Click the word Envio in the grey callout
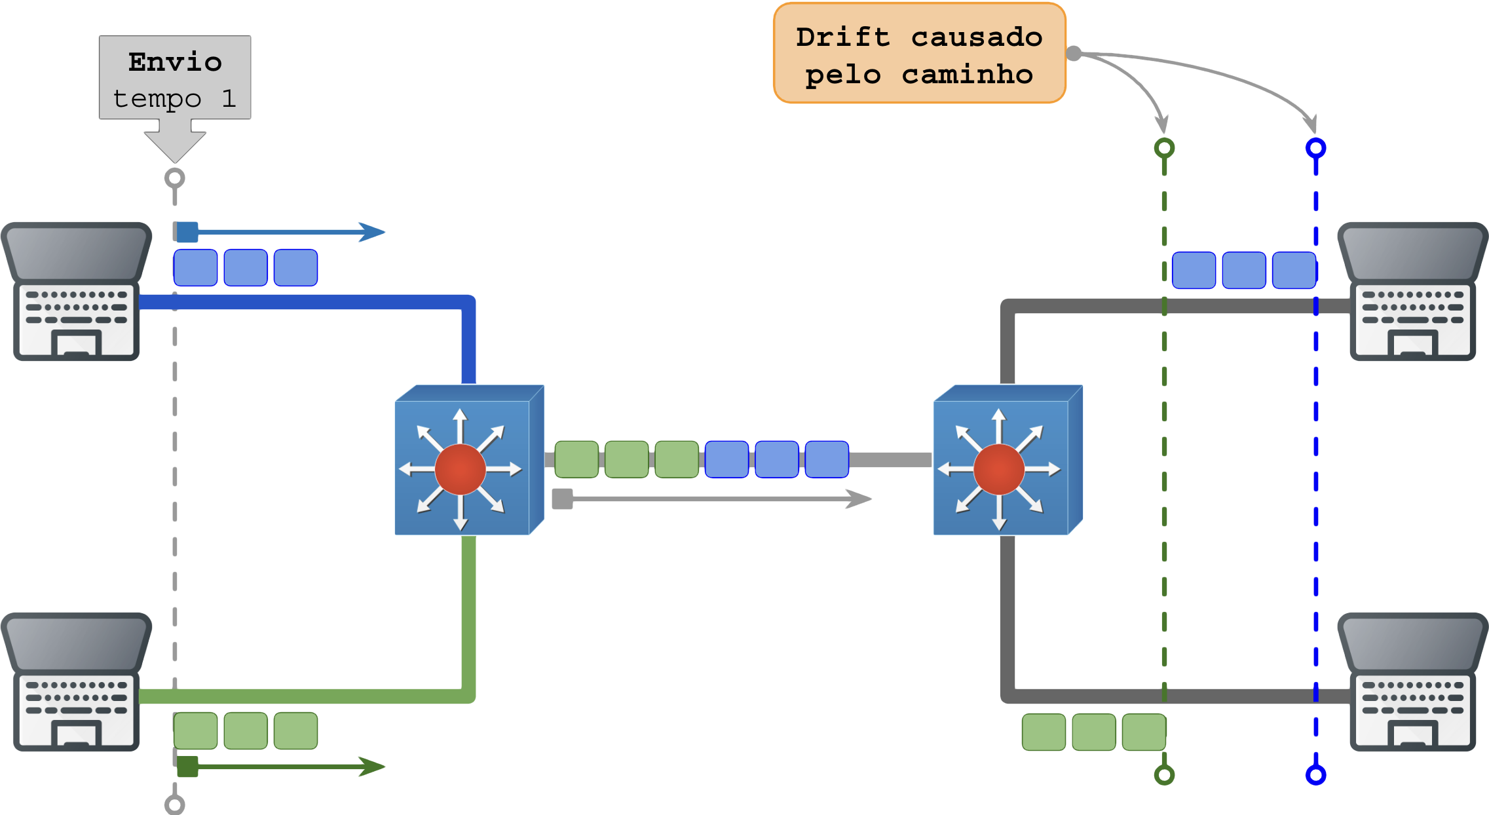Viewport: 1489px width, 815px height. tap(175, 62)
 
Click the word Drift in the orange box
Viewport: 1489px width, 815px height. tap(843, 37)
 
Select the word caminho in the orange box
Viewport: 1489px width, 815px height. tap(967, 75)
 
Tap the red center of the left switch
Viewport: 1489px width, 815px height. tap(460, 469)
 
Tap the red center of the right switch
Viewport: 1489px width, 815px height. tap(998, 469)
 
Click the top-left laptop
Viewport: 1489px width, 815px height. tap(76, 292)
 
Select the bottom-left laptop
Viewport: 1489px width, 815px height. tap(76, 681)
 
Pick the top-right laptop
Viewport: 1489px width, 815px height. tap(1413, 292)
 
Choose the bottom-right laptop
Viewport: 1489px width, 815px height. tap(1413, 681)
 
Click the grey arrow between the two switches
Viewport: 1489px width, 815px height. tap(714, 499)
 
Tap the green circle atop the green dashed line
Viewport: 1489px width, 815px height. tap(1164, 148)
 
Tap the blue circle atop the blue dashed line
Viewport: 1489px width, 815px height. tap(1315, 148)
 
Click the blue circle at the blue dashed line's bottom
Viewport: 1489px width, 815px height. tap(1315, 775)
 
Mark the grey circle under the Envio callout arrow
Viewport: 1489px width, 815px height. tap(174, 178)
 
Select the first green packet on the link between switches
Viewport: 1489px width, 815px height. tap(576, 459)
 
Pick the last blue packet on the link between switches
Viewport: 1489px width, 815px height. tap(827, 459)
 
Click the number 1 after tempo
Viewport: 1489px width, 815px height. tap(228, 99)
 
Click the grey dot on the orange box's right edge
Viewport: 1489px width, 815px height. tap(1074, 53)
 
